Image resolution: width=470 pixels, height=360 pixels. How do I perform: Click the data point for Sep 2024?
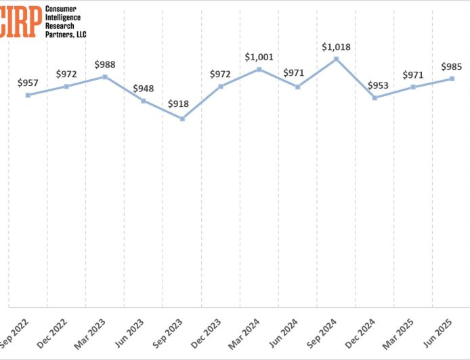(337, 59)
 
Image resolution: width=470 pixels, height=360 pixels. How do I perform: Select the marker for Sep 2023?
(182, 118)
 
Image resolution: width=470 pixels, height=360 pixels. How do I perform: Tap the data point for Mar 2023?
(105, 76)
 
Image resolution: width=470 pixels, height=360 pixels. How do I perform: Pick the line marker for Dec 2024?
(375, 97)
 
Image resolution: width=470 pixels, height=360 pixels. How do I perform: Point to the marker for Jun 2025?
(452, 78)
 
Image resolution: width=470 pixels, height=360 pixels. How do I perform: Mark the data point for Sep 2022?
(28, 95)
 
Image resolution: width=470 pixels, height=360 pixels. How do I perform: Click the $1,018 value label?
(336, 47)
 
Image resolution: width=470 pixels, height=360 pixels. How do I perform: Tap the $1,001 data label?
(259, 57)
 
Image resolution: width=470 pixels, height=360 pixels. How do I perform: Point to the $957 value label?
(28, 83)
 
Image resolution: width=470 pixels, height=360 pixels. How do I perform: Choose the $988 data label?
(105, 64)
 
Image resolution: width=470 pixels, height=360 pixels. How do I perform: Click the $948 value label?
(144, 88)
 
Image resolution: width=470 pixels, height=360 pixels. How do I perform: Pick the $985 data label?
(452, 66)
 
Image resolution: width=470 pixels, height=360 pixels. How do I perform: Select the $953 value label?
(379, 86)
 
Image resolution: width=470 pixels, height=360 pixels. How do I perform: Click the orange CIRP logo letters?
(20, 22)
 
